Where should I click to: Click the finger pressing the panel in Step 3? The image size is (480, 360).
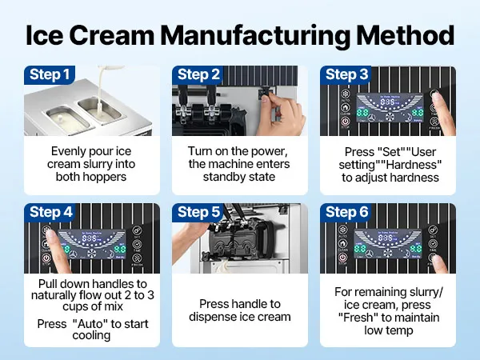(x=438, y=100)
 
